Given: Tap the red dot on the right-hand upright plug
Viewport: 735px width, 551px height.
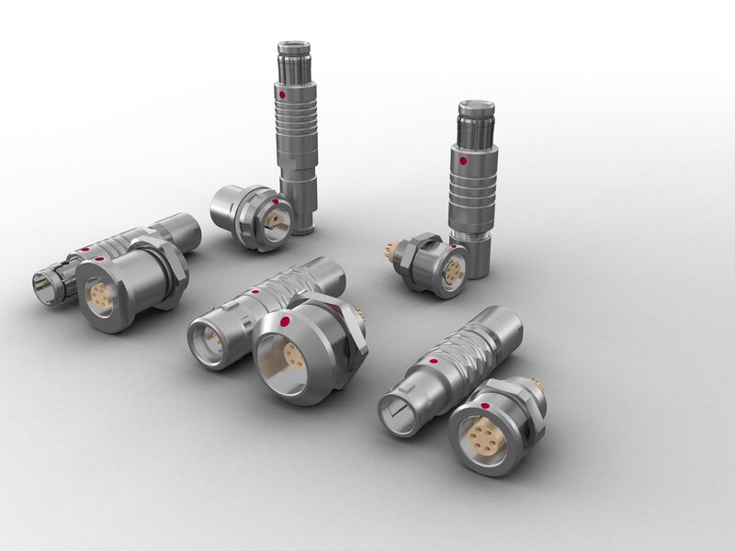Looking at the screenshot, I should pos(464,161).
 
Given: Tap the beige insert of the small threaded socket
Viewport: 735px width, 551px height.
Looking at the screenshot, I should pos(451,271).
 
